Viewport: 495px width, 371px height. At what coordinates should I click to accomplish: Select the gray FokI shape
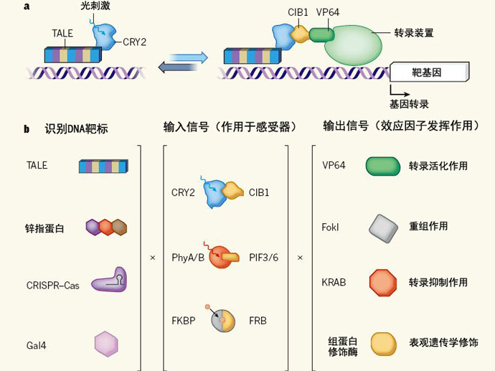[x=382, y=227]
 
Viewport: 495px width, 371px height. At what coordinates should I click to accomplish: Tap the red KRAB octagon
[x=382, y=283]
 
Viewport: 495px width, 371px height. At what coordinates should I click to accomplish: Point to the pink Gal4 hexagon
[x=106, y=344]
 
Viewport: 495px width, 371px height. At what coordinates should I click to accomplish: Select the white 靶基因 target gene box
[x=429, y=72]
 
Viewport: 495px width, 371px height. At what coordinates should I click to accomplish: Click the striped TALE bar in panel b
[x=103, y=166]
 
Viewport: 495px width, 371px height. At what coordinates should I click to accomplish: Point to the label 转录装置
[x=414, y=33]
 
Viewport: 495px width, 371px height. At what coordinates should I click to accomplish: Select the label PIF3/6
[x=265, y=257]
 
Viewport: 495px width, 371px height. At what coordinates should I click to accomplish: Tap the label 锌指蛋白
[x=44, y=228]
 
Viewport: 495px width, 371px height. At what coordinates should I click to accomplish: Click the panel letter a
[x=26, y=6]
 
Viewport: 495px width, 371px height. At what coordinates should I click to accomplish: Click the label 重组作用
[x=428, y=226]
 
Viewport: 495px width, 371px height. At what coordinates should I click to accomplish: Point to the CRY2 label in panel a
[x=134, y=42]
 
